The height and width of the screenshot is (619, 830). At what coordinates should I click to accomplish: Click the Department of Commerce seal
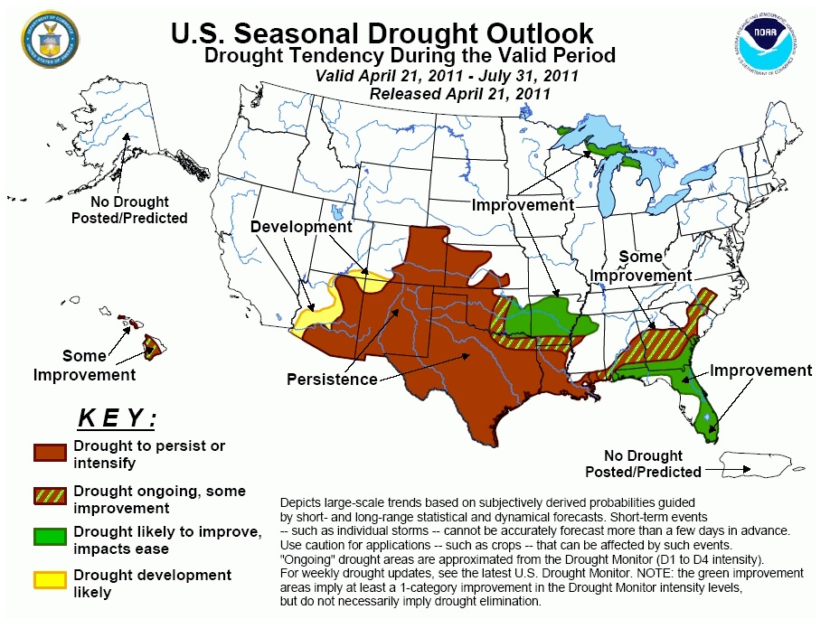click(x=50, y=39)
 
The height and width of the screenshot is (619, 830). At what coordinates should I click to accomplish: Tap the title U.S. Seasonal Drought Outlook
click(x=382, y=33)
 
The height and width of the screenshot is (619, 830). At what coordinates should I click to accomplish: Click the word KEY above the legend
click(x=118, y=418)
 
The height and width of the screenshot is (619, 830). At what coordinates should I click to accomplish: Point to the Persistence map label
click(x=332, y=380)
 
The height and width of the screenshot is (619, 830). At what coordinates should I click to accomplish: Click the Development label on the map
click(x=301, y=227)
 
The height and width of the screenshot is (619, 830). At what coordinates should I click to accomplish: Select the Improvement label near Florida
click(x=760, y=370)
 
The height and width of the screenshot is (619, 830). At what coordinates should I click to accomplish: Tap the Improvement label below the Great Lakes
click(x=523, y=205)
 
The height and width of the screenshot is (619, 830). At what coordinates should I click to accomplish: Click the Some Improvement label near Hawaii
click(x=85, y=365)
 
